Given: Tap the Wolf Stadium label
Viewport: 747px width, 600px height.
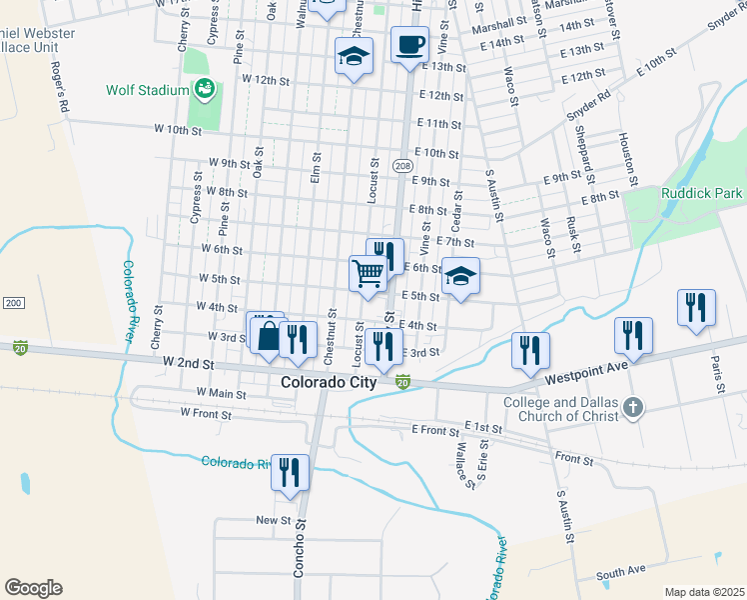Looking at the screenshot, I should pos(148,90).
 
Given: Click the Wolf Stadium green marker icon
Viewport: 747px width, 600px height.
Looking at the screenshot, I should pos(205,89).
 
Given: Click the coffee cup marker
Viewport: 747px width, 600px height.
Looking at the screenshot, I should pos(409,46).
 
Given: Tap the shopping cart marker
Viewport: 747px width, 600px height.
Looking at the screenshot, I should pos(368,272).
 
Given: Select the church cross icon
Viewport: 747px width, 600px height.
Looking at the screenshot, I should pos(630,408).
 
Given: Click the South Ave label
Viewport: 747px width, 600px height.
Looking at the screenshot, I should pos(621,572).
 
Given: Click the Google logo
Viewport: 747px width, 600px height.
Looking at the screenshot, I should pos(33,588).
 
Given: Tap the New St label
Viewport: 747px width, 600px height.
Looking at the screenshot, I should pos(273,520).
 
